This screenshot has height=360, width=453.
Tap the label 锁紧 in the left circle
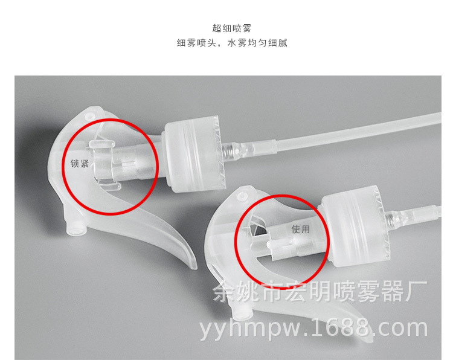79,163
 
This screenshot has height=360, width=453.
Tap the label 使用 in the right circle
300,230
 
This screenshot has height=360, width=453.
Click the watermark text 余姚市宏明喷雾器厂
320,292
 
